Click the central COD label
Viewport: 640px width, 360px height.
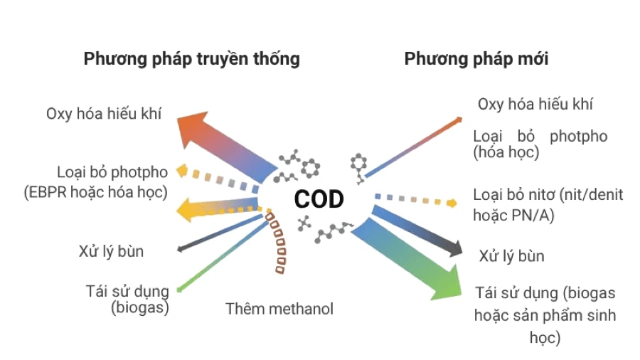(319, 199)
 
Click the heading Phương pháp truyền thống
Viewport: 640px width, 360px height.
(191, 58)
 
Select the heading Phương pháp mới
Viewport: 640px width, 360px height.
(476, 58)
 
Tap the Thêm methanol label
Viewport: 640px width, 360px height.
(279, 309)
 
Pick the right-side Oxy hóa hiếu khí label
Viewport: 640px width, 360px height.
(535, 104)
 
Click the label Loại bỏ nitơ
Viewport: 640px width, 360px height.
(548, 194)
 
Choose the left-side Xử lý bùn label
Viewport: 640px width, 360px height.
(111, 251)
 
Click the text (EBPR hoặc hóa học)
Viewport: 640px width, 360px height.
(95, 191)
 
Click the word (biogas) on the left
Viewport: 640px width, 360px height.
(140, 307)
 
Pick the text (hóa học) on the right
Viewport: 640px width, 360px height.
(506, 152)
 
